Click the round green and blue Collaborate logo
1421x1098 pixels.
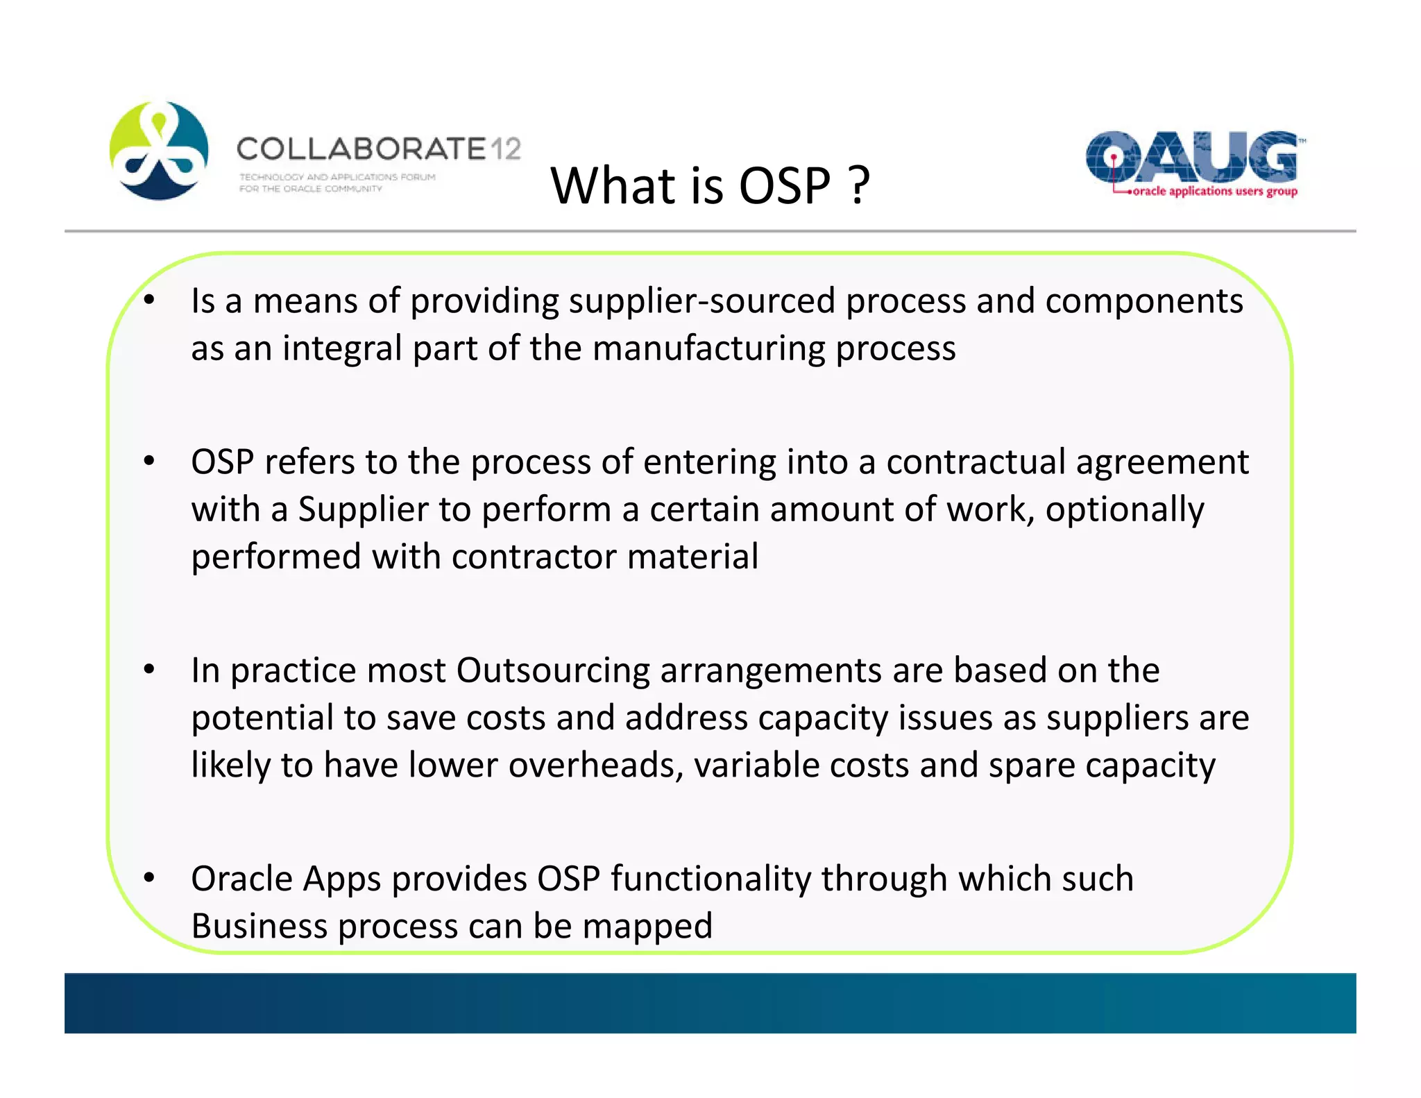tap(159, 151)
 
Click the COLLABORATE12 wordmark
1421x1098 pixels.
tap(378, 149)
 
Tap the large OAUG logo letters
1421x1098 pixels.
tap(1191, 156)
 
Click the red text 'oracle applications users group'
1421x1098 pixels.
tap(1214, 192)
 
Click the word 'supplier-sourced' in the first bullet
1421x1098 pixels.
tap(701, 301)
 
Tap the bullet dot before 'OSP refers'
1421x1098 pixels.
tap(148, 461)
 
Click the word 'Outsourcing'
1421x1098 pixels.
tap(552, 670)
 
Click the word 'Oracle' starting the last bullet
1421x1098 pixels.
tap(241, 879)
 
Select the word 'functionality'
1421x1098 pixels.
tap(710, 879)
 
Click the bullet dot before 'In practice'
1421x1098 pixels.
tap(148, 670)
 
